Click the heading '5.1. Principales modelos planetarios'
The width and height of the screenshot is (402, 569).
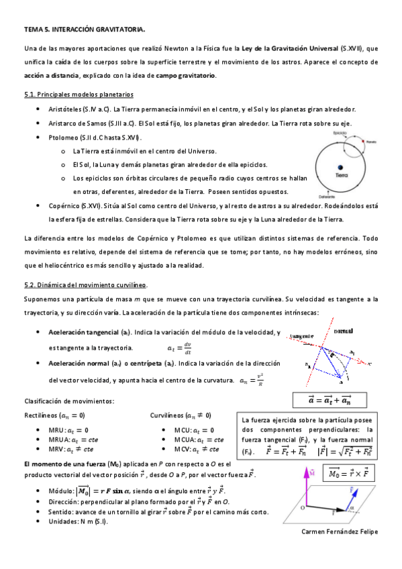coord(78,95)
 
